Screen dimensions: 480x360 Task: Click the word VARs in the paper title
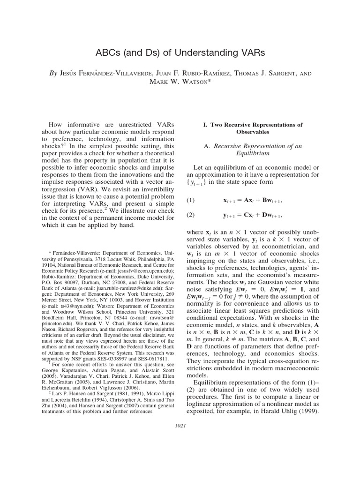tap(250, 53)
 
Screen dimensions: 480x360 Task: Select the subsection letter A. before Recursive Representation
tap(207, 145)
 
